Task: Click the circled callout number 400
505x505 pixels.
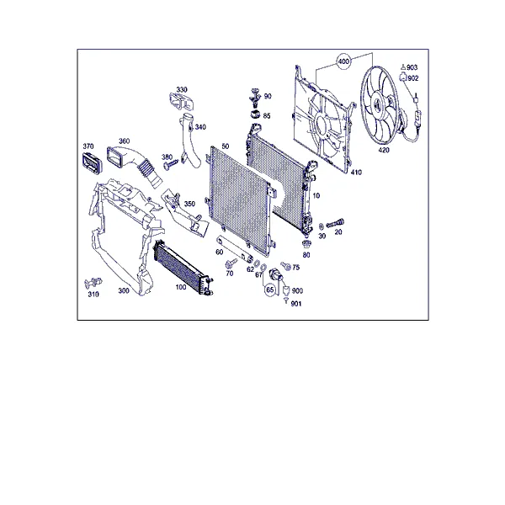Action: coord(343,61)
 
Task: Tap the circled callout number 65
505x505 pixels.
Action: coord(270,290)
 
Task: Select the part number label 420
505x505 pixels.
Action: coord(384,150)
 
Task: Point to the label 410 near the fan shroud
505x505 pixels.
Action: coord(356,173)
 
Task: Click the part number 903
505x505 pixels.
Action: coord(412,67)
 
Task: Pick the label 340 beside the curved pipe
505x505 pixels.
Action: coord(200,127)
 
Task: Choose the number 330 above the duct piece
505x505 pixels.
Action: coord(182,89)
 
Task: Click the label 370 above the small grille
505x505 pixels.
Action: coord(88,146)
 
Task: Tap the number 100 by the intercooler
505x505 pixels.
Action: coord(181,287)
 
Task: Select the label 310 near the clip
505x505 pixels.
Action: coord(93,294)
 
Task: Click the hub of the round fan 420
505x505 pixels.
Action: coord(375,104)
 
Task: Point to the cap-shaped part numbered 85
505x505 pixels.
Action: coord(255,114)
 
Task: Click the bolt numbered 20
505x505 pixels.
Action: coord(335,223)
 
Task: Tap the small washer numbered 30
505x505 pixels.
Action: coord(322,226)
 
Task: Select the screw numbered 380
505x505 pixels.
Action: coord(170,164)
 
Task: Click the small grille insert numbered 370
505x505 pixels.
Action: coord(91,163)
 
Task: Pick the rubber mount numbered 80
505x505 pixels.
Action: coord(306,244)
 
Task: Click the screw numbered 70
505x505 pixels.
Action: coord(231,263)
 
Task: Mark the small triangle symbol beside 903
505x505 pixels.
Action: coord(403,67)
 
